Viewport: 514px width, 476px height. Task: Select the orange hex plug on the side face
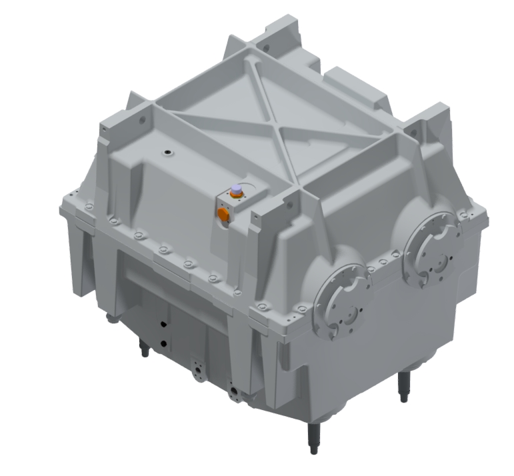pyautogui.click(x=224, y=213)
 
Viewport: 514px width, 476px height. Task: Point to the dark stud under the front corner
pyautogui.click(x=313, y=437)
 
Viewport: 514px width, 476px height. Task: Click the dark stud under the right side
pyautogui.click(x=403, y=387)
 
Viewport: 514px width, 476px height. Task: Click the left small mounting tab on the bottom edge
pyautogui.click(x=199, y=369)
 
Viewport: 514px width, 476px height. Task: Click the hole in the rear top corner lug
pyautogui.click(x=265, y=48)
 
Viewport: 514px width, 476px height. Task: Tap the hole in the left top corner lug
pyautogui.click(x=141, y=121)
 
